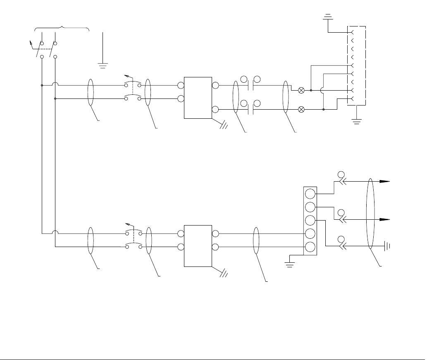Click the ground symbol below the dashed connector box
click(356, 121)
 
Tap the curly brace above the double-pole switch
click(62, 27)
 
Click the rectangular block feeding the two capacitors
click(198, 98)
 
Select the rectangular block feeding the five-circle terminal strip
click(198, 246)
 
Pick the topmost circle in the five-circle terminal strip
click(310, 194)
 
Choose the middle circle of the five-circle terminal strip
click(310, 221)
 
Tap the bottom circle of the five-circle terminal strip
click(310, 247)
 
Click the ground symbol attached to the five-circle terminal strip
click(290, 260)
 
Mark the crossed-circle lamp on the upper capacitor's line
click(301, 90)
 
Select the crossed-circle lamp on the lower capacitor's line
click(301, 110)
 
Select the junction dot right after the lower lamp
click(323, 110)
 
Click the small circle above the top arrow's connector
click(341, 173)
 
